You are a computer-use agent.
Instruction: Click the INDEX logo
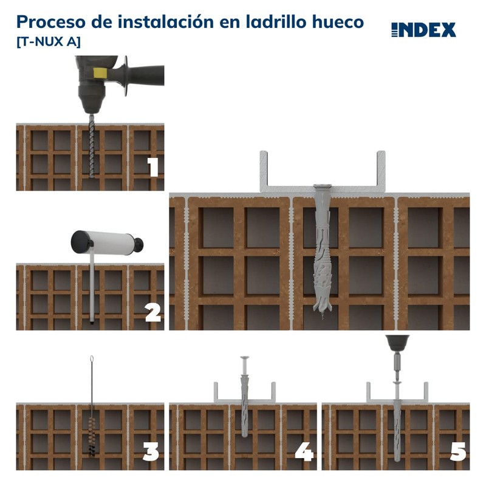(x=423, y=30)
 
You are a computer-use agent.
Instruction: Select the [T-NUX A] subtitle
(x=48, y=42)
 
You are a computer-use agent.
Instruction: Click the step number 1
(x=153, y=166)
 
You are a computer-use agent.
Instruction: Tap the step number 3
(x=151, y=452)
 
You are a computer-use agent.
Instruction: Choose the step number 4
(x=304, y=452)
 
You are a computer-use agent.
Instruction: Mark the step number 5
(x=457, y=452)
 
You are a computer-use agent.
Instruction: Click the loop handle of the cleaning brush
(x=92, y=360)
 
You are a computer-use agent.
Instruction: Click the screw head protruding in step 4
(x=244, y=358)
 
